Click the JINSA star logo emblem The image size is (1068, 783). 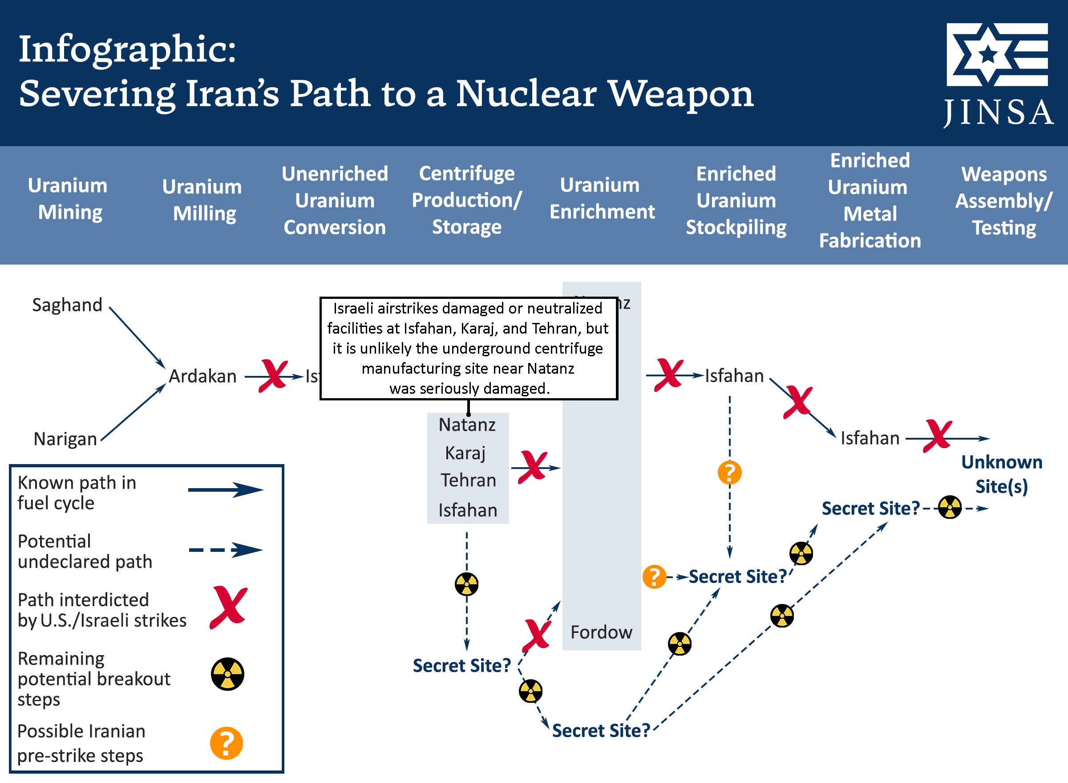click(x=996, y=54)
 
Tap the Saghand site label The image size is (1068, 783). click(x=67, y=305)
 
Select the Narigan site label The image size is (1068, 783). click(x=65, y=439)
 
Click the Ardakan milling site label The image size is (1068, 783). click(x=202, y=376)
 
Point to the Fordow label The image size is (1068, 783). click(x=601, y=632)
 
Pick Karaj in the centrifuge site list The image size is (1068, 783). click(x=465, y=453)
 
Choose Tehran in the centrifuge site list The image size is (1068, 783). click(x=468, y=480)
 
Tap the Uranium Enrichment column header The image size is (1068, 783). click(x=602, y=198)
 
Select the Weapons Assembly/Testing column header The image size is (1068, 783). click(x=1003, y=200)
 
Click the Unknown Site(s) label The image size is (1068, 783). click(x=1001, y=474)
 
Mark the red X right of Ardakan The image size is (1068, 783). click(x=273, y=376)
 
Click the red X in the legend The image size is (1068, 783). click(x=228, y=607)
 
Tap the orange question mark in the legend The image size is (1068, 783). click(x=227, y=743)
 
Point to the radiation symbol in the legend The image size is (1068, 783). click(x=227, y=673)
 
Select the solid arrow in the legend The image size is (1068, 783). click(x=225, y=489)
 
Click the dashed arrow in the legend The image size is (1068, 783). click(x=225, y=550)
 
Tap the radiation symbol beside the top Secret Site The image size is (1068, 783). click(x=950, y=508)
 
